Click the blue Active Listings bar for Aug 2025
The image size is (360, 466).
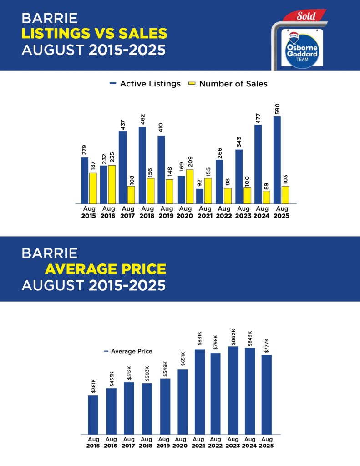[x=277, y=159]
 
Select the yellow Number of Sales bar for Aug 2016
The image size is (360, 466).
[x=112, y=184]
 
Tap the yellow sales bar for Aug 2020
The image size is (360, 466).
[x=189, y=186]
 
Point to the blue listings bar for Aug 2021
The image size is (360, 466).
[x=200, y=196]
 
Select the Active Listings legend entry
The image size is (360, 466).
[x=145, y=84]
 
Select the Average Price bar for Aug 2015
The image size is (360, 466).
[x=93, y=415]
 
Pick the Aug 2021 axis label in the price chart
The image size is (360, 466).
[x=198, y=442]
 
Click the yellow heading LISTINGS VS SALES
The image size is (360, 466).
[x=94, y=33]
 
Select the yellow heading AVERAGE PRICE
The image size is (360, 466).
[x=105, y=269]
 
